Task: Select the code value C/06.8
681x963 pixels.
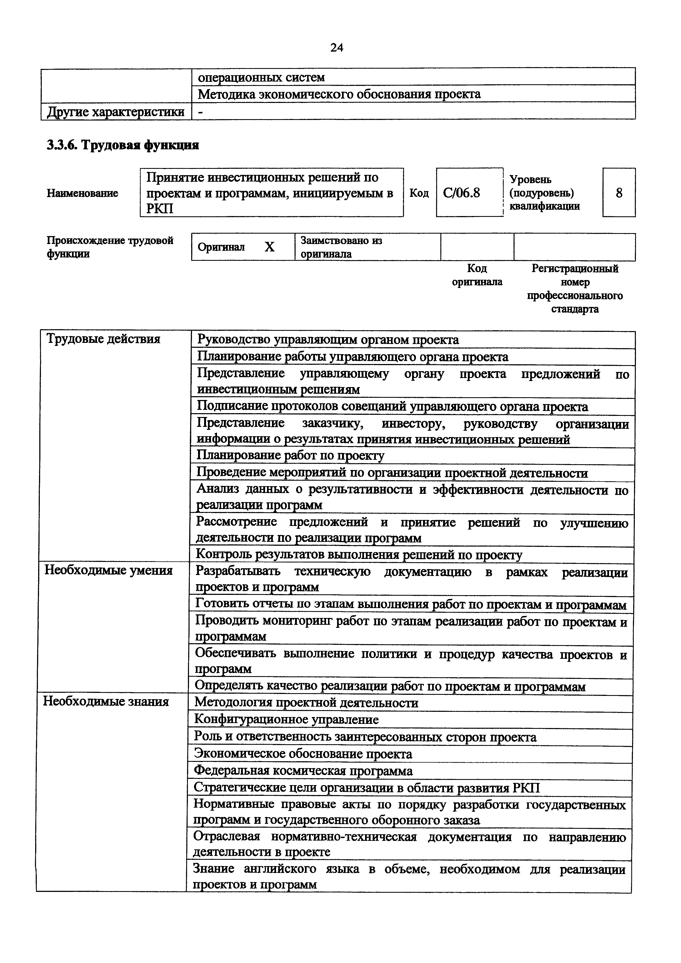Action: [x=461, y=193]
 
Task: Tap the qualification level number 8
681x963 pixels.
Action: [x=619, y=193]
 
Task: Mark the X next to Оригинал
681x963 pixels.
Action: [x=269, y=247]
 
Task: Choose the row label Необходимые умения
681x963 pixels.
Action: [x=108, y=570]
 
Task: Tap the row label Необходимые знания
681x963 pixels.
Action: [x=106, y=701]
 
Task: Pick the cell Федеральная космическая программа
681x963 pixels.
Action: [x=303, y=771]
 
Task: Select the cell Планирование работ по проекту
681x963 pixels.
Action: [x=290, y=455]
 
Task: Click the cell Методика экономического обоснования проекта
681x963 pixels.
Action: [x=339, y=94]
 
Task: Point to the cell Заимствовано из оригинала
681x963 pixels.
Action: [x=341, y=247]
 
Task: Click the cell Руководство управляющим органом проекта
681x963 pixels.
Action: [x=328, y=340]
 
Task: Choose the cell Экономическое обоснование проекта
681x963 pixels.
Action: [x=303, y=754]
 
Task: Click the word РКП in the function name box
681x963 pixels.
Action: [x=160, y=208]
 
